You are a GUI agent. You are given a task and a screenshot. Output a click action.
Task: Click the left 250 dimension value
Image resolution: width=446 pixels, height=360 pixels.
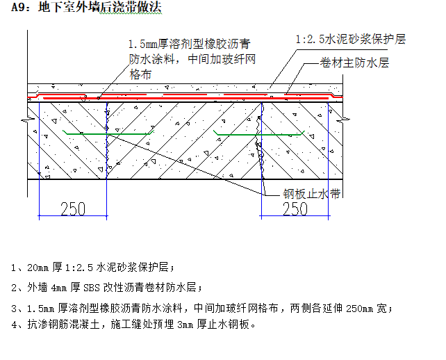(x=73, y=208)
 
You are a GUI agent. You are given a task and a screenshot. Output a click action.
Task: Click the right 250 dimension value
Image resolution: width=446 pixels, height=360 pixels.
(x=295, y=208)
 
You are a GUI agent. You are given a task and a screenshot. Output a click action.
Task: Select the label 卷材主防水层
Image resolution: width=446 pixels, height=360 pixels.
(x=354, y=63)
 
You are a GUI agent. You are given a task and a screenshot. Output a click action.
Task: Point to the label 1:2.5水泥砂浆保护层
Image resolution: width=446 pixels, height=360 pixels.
(x=351, y=40)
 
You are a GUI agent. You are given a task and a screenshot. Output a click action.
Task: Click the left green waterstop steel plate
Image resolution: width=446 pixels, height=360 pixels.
(x=106, y=132)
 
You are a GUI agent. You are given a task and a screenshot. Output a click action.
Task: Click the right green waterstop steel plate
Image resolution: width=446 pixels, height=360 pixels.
(x=261, y=132)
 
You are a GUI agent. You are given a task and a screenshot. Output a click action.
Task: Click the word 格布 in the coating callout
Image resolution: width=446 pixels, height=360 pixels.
(x=140, y=73)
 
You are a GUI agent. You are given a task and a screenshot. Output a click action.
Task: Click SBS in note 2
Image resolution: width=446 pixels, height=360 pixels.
(x=92, y=286)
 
